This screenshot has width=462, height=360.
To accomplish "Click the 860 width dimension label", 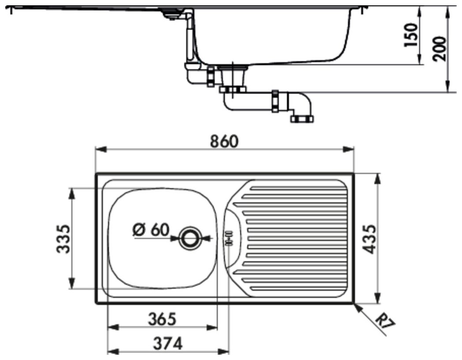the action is click(x=224, y=141).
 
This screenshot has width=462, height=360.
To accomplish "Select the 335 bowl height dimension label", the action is click(x=63, y=239).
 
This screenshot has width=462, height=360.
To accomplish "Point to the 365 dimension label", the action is click(x=162, y=319).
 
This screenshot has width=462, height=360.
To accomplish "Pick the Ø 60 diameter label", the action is click(x=151, y=230).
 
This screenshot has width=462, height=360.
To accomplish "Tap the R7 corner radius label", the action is click(x=386, y=323).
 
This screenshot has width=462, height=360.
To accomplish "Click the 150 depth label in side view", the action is click(x=411, y=35).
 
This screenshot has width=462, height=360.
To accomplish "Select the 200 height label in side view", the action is click(x=440, y=49).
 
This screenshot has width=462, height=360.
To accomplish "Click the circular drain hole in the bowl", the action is click(x=190, y=238).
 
